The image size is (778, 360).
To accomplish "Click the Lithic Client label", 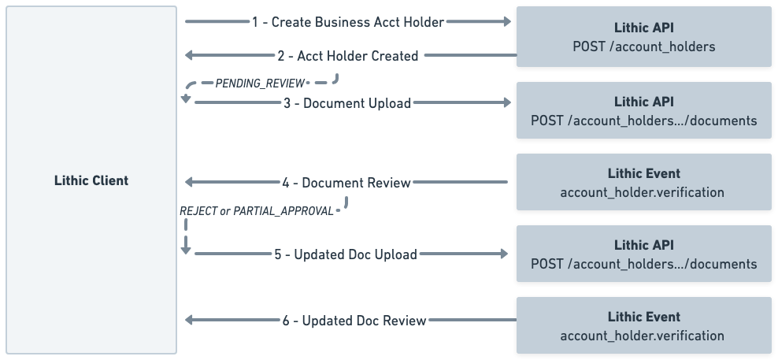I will coord(92,180).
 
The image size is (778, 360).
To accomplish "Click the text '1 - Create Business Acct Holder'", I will coord(348,22).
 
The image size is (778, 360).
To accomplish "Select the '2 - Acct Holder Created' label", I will coord(347,56).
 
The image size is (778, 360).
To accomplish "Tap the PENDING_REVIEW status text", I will coord(259,83).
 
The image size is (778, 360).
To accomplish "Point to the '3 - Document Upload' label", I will coord(346,103).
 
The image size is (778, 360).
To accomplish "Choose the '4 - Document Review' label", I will coord(346,183).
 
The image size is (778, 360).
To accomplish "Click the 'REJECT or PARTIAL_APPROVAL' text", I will coord(256,211).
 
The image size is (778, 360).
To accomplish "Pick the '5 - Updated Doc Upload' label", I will coord(346,254).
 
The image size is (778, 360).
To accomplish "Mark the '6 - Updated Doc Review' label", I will coord(354,321).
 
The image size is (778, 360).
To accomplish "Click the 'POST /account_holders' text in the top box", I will coord(643,46).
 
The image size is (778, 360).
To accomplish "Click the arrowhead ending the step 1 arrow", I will coord(506,22).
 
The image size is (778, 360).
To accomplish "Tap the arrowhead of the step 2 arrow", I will coord(189,56).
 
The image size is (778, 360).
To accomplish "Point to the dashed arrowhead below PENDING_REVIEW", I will coord(186,98).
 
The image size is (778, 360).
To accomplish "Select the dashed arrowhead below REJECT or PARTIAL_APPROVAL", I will coord(186,250).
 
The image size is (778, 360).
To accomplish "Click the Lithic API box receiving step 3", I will coord(643,110).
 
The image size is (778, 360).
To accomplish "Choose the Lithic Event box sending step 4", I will coord(643,182).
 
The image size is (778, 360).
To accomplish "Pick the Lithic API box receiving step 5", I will coord(643,254).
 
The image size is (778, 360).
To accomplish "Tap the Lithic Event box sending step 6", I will coord(643,325).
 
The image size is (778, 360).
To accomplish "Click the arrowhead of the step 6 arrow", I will coord(189,321).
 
